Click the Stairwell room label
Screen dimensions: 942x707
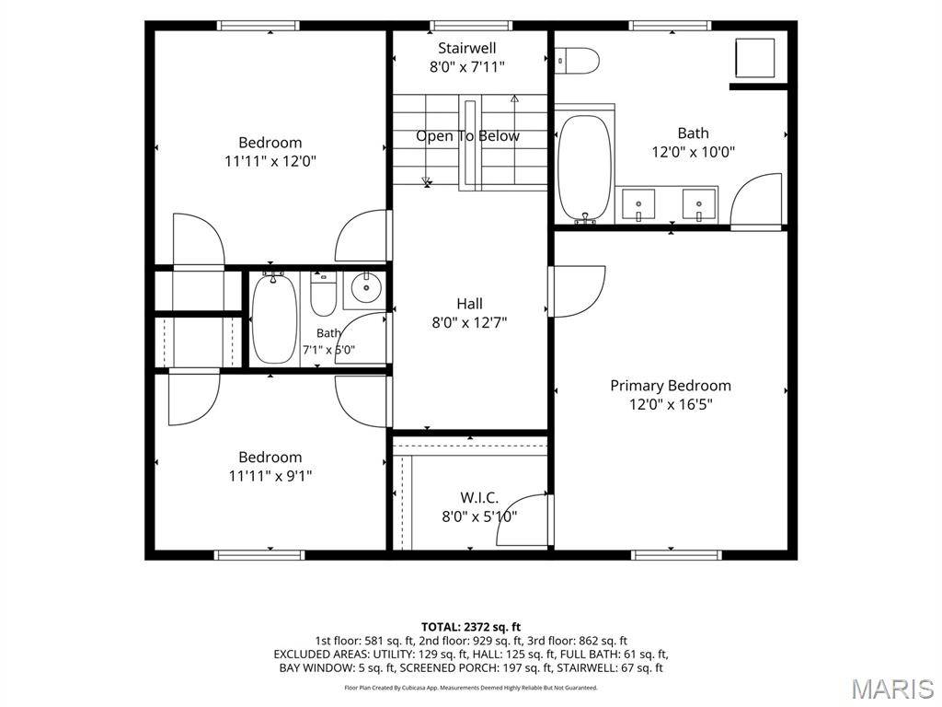coord(466,48)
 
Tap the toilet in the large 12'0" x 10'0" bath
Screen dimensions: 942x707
coord(578,61)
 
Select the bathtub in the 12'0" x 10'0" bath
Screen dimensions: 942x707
coord(584,168)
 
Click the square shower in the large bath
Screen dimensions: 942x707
coord(755,58)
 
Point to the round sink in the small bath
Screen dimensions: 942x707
coord(365,288)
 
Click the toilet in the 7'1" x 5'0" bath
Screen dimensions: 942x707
coord(323,294)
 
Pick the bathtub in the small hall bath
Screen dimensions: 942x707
coord(274,318)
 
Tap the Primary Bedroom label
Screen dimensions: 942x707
coord(671,386)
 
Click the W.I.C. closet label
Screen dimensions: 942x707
coord(479,497)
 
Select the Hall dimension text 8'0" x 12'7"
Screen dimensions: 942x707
coord(469,323)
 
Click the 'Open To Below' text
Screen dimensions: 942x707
coord(467,136)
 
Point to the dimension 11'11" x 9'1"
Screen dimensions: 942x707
coord(270,476)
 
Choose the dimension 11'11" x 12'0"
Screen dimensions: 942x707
coord(270,161)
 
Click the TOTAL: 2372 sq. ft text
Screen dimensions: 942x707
coord(471,628)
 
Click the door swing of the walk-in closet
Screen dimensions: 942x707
coord(521,518)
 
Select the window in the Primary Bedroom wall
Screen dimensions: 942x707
coord(678,554)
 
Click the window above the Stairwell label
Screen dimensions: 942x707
coord(471,25)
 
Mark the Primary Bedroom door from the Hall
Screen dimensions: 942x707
coord(576,291)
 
